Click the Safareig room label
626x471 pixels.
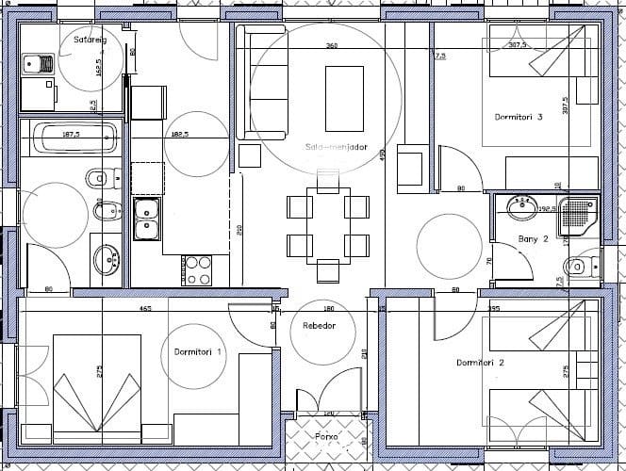coord(91,39)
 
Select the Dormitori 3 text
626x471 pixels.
coord(519,118)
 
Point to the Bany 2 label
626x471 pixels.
coord(534,239)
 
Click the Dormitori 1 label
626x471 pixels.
coord(198,351)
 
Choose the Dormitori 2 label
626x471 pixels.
coord(480,363)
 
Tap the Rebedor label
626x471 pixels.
coord(319,326)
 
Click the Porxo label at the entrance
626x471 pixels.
coord(328,437)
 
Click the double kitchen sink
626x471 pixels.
coord(145,219)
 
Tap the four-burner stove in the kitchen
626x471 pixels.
coord(198,270)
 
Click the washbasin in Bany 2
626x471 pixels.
coord(520,205)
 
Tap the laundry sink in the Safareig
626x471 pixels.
coord(39,64)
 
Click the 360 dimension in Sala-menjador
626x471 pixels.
coord(332,45)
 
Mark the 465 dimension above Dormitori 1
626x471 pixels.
coord(145,308)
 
